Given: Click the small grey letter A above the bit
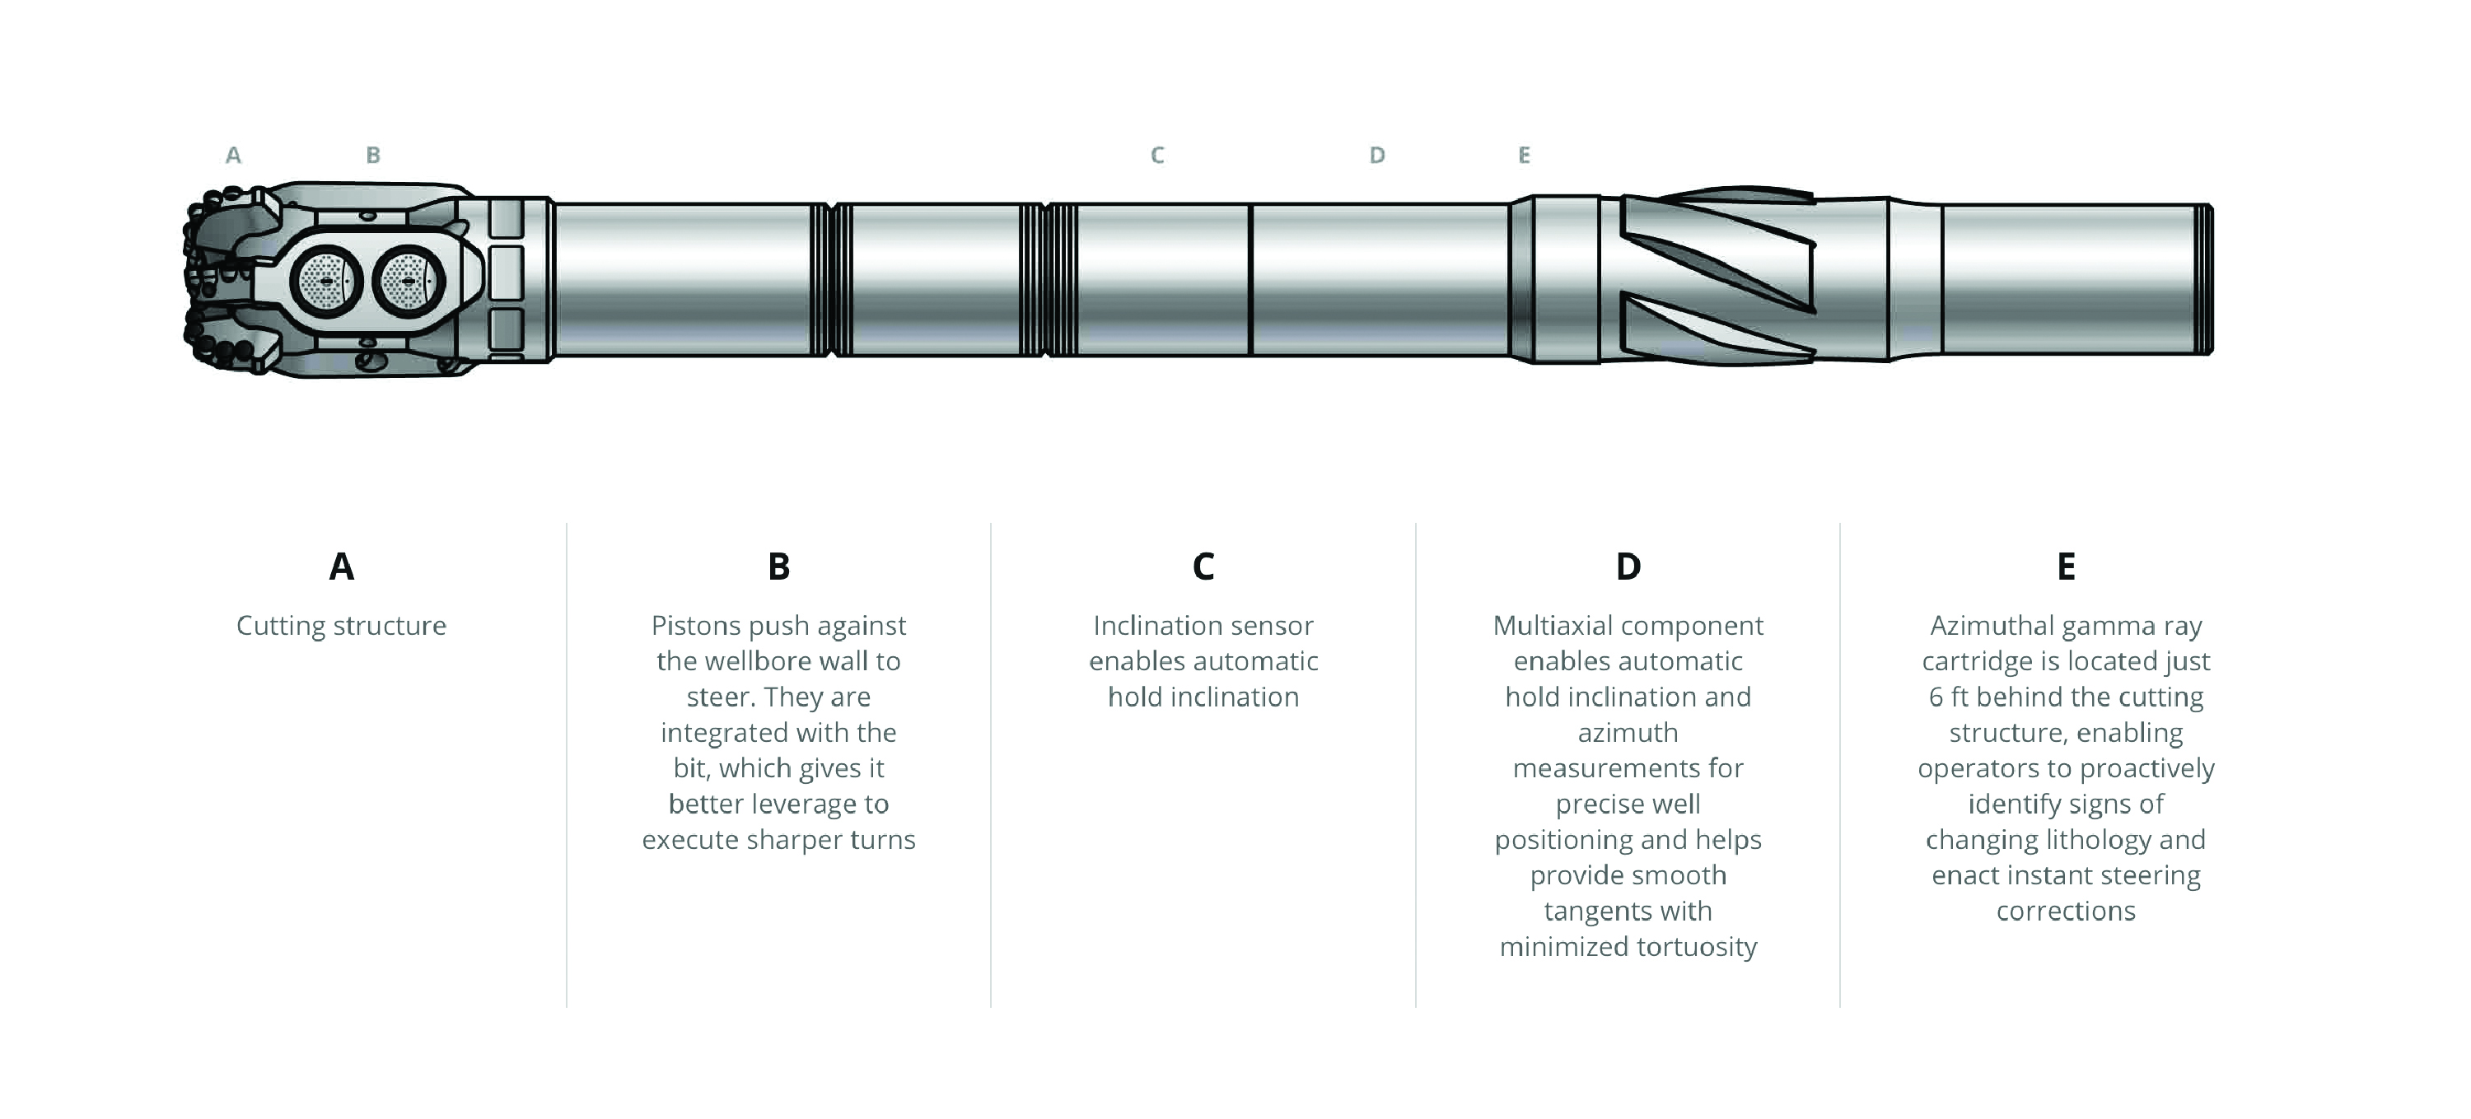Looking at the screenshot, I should pos(233,156).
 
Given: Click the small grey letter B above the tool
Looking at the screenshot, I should pos(373,156).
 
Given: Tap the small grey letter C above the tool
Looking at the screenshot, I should pos(1157,156).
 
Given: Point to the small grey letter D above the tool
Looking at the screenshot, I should pos(1376,156).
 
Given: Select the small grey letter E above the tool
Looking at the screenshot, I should pos(1523,156).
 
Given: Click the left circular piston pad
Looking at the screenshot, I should pos(326,281).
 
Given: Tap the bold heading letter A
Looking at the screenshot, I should pos(342,566).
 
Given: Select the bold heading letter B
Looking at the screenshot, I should pos(779,566).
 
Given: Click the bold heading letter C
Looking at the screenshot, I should pos(1203,566).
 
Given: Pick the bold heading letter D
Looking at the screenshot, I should pos(1628,566).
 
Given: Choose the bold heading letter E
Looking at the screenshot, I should pos(2067,566).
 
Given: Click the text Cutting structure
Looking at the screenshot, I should pos(342,626).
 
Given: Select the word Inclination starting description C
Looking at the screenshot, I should pos(1151,626).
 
